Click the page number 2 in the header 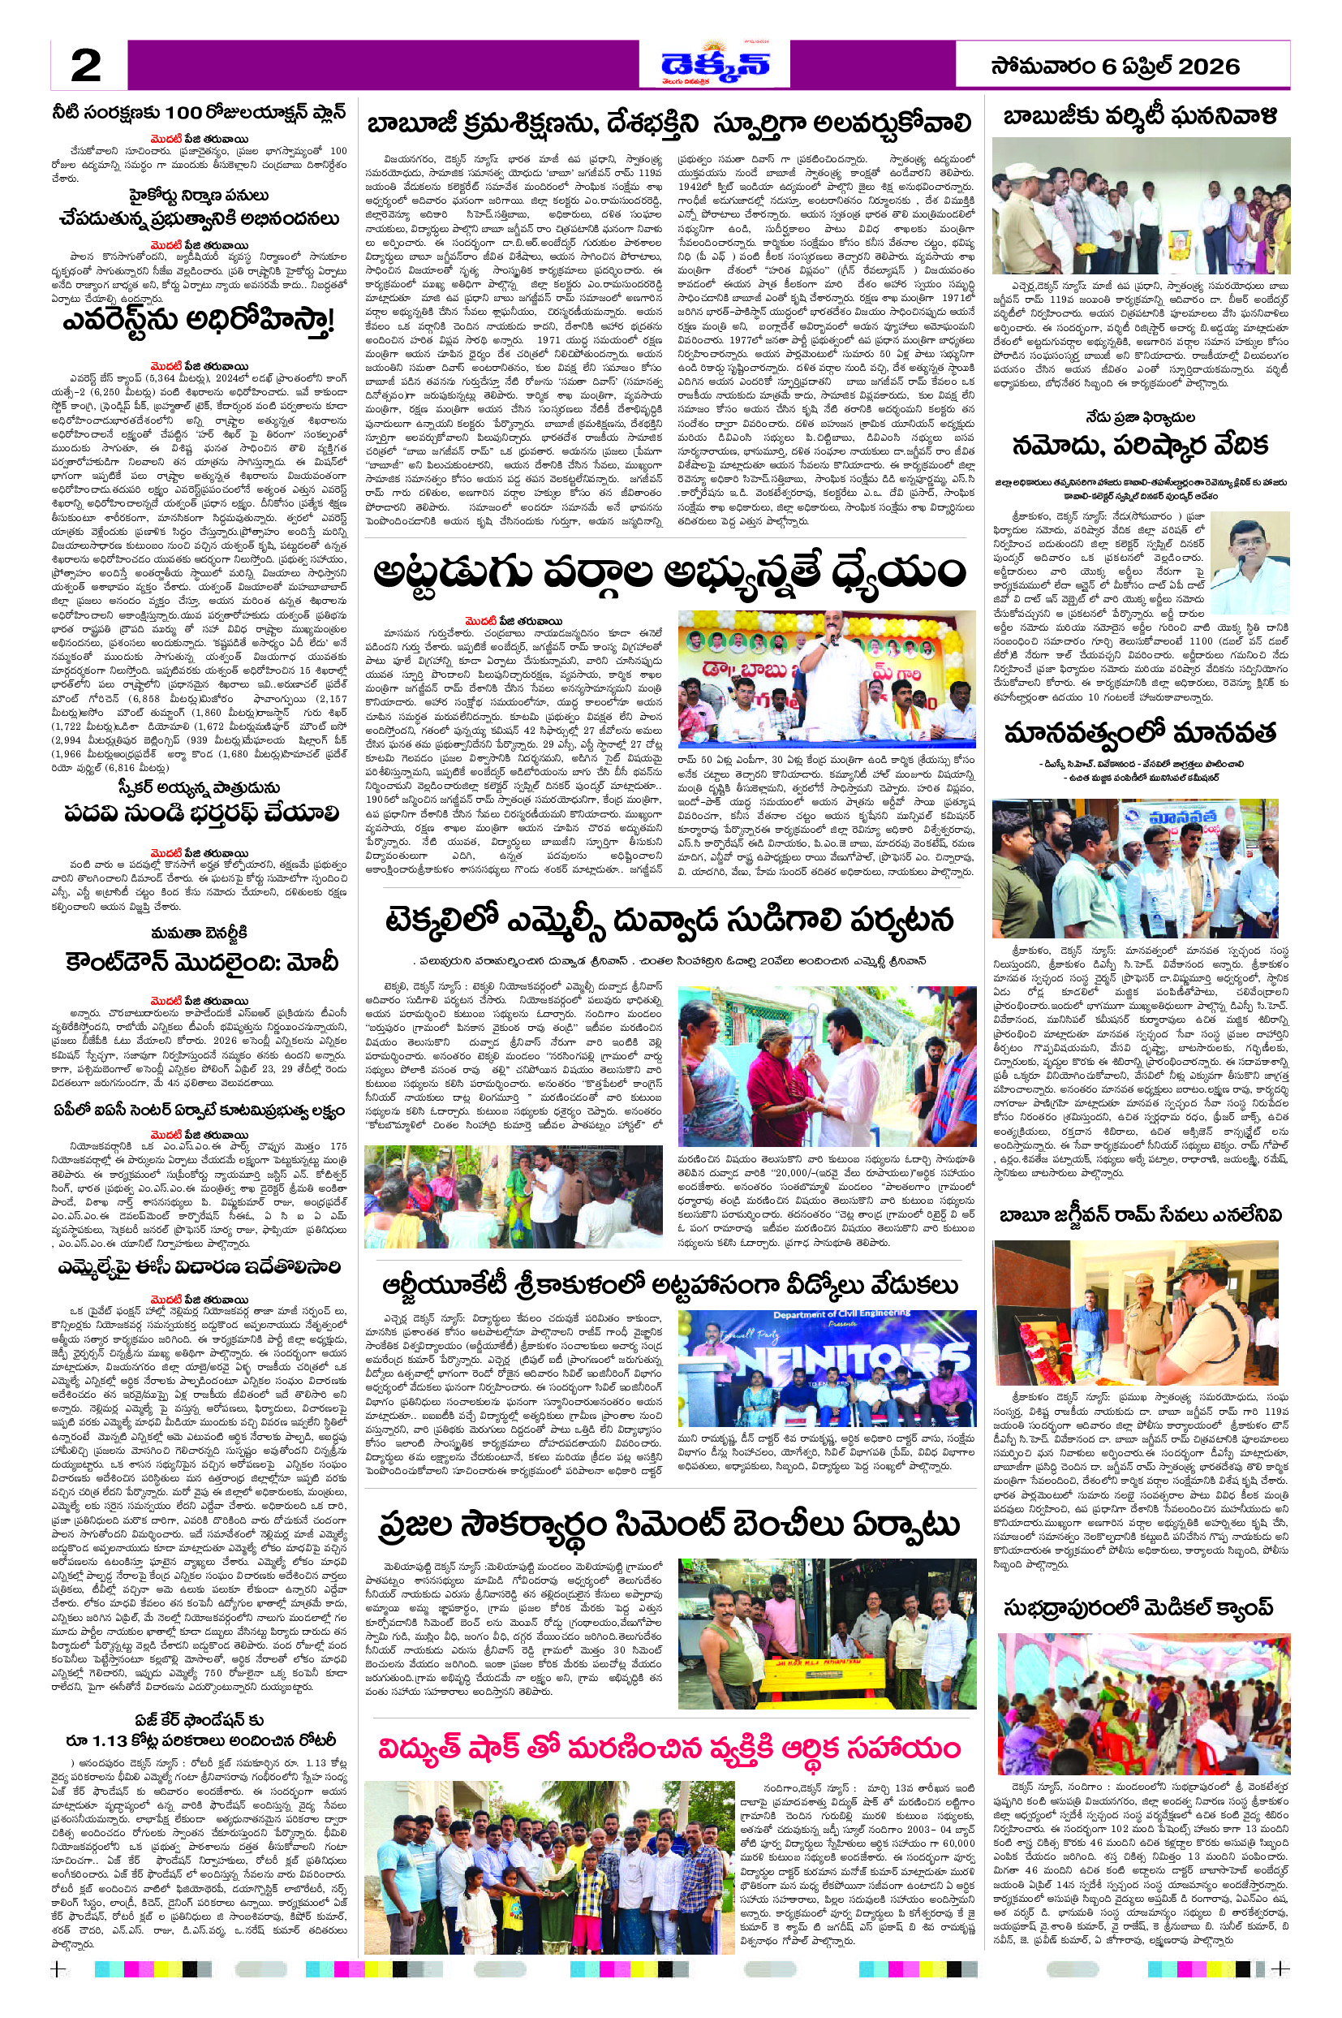(x=85, y=65)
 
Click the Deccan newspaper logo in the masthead (x=715, y=63)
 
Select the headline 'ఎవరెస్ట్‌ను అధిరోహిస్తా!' (x=198, y=322)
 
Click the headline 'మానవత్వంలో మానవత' (x=1139, y=733)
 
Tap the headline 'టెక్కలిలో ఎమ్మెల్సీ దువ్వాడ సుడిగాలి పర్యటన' (x=669, y=921)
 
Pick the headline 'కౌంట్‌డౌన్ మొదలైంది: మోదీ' (x=201, y=961)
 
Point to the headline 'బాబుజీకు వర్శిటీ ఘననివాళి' (x=1139, y=116)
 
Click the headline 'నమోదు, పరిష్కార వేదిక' (x=1139, y=446)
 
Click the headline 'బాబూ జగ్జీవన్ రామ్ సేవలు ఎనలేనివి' (x=1140, y=1215)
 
